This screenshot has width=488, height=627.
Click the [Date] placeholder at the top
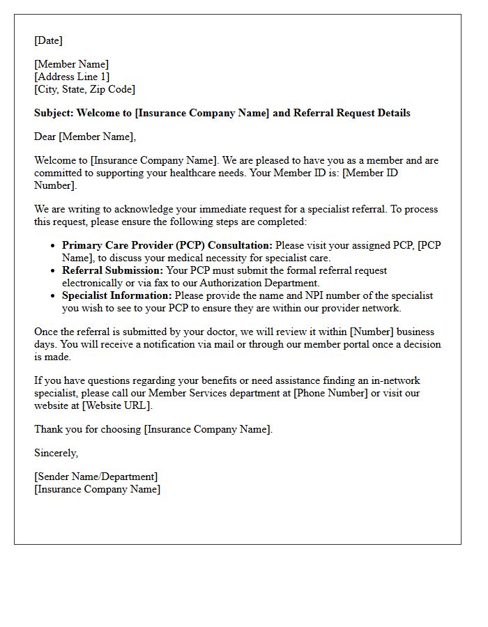(48, 40)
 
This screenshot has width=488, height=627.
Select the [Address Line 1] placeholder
(72, 77)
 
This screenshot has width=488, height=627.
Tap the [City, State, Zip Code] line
(84, 89)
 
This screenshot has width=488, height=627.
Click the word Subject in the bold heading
(53, 113)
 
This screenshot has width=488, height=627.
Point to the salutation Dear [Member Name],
(85, 137)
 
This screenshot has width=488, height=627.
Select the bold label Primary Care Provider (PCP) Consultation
(167, 245)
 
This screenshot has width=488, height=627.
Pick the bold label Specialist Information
(116, 295)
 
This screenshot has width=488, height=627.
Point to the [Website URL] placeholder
(116, 405)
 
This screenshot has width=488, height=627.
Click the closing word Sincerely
(56, 453)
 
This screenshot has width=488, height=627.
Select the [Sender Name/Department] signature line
(96, 477)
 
